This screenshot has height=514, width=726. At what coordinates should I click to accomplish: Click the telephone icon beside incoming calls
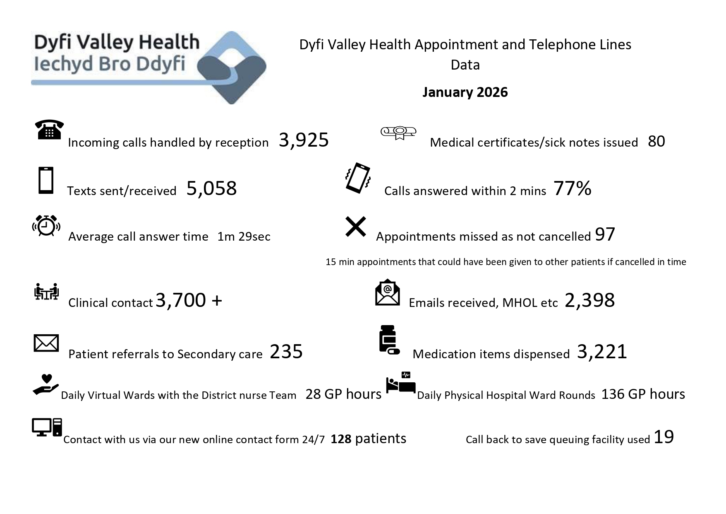click(49, 130)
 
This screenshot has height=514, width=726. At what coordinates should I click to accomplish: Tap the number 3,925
click(304, 140)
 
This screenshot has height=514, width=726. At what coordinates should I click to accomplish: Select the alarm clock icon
click(46, 226)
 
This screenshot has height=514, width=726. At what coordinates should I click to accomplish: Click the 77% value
click(572, 188)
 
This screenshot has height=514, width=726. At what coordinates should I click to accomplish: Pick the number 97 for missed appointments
click(605, 234)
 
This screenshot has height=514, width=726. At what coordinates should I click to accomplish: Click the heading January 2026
click(465, 92)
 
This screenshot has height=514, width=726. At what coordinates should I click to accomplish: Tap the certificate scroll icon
click(398, 133)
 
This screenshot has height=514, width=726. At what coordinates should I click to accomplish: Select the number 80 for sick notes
click(656, 141)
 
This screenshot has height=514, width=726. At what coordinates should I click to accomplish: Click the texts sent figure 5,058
click(211, 188)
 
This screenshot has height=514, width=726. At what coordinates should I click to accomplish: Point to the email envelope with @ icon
click(387, 292)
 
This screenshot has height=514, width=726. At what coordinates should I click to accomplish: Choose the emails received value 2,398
click(589, 300)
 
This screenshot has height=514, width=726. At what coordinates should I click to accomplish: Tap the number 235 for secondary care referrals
click(286, 352)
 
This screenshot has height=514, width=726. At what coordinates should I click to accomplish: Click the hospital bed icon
click(400, 383)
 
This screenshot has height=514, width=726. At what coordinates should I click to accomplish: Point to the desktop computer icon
click(47, 427)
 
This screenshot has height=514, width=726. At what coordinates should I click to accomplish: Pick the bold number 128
click(341, 439)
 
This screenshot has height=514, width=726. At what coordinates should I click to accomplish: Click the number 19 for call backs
click(664, 437)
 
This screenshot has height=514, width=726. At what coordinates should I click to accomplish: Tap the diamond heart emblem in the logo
click(232, 68)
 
